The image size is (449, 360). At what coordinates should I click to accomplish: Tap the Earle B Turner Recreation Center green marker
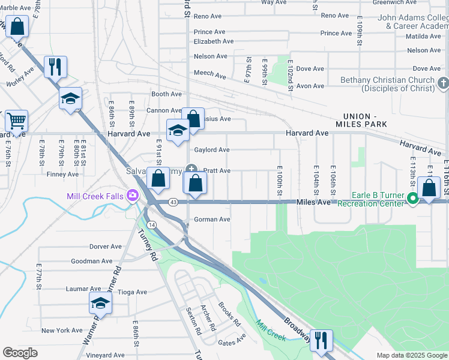412,197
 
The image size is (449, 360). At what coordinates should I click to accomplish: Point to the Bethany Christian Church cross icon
443,83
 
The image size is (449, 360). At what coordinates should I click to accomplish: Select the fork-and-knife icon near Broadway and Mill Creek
321,340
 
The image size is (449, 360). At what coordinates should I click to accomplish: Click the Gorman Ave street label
212,220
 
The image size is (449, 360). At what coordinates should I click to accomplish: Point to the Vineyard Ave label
105,355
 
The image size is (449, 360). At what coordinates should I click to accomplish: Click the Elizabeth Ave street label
214,41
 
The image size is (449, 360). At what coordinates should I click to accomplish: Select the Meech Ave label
209,76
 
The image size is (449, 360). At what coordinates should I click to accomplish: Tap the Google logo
20,353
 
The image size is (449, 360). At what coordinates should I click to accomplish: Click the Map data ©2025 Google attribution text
411,355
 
